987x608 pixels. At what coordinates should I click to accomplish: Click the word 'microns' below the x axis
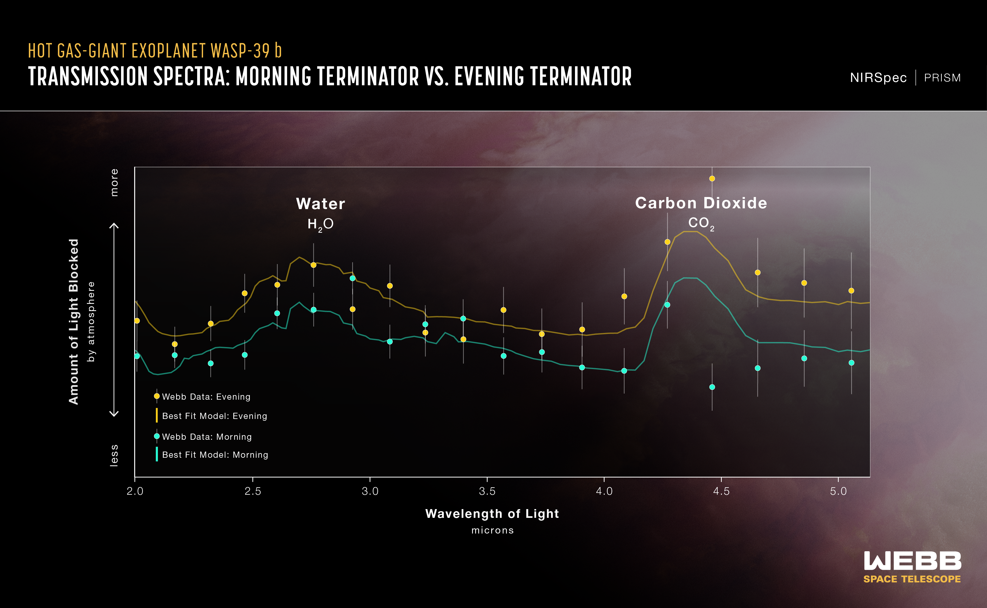pos(492,530)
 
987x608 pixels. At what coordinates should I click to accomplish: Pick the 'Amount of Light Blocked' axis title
pos(74,321)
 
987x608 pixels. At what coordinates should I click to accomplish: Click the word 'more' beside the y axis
pos(114,183)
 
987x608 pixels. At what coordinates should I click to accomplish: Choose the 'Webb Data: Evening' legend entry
pos(206,397)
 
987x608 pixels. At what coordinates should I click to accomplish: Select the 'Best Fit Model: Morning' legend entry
pos(215,455)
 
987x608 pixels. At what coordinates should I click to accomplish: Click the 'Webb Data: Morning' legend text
pos(207,437)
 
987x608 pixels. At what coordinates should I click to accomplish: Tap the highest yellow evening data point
pos(712,179)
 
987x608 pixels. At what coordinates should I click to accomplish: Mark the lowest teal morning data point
pos(712,387)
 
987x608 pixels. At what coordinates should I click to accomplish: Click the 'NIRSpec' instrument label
pos(878,78)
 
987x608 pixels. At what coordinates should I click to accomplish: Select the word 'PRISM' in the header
pos(942,78)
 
